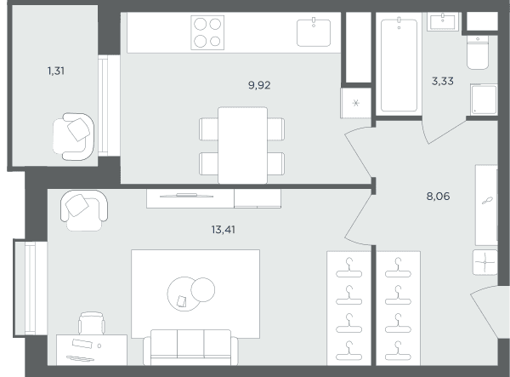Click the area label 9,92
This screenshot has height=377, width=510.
pyautogui.click(x=259, y=85)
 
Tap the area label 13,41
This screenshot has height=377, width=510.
pyautogui.click(x=223, y=230)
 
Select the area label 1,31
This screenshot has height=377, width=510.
pyautogui.click(x=56, y=71)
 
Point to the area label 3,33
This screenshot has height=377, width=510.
pyautogui.click(x=442, y=81)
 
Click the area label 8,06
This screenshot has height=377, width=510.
pyautogui.click(x=438, y=197)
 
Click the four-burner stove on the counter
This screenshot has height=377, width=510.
pyautogui.click(x=207, y=32)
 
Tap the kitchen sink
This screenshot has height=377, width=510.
pyautogui.click(x=314, y=32)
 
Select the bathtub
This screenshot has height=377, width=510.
pyautogui.click(x=399, y=66)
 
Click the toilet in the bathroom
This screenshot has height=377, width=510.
pyautogui.click(x=478, y=52)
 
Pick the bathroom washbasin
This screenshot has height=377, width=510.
pyautogui.click(x=443, y=22)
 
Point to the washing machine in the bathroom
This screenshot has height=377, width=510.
pyautogui.click(x=484, y=100)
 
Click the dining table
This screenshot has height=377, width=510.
pyautogui.click(x=242, y=146)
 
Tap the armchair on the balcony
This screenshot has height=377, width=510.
pyautogui.click(x=74, y=136)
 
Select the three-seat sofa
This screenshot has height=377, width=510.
pyautogui.click(x=190, y=347)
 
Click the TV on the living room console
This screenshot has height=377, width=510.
pyautogui.click(x=186, y=196)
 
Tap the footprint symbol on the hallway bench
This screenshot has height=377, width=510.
pyautogui.click(x=487, y=201)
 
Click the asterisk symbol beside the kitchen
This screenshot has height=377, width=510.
pyautogui.click(x=356, y=104)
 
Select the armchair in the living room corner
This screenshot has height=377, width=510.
pyautogui.click(x=84, y=210)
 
